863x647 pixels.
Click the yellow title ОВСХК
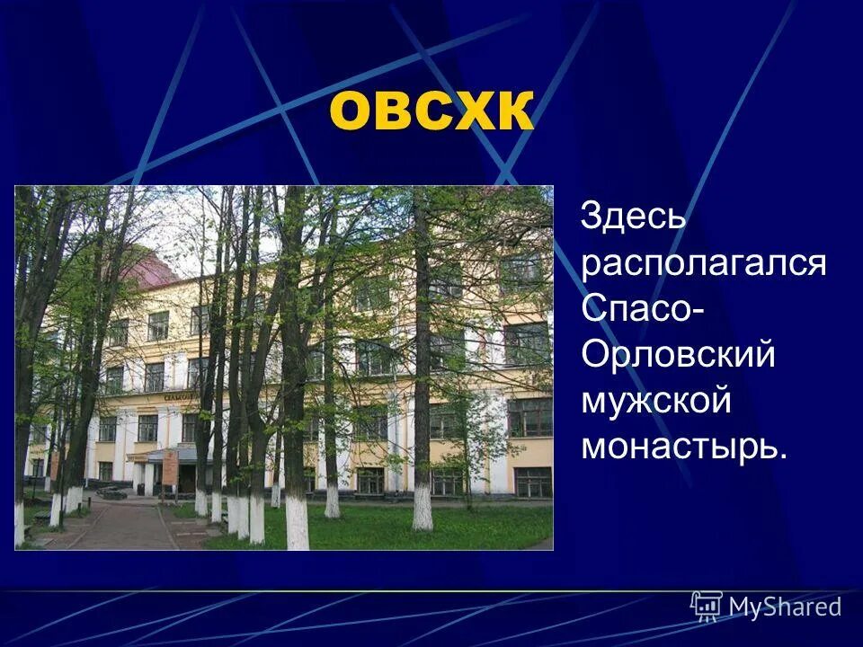431,111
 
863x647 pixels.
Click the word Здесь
635,217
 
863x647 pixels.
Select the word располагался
703,263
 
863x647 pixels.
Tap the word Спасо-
642,308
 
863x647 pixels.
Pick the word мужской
656,401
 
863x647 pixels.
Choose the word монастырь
683,446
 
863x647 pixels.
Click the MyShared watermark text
785,607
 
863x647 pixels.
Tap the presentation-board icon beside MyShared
707,606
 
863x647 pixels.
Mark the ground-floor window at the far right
532,482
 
